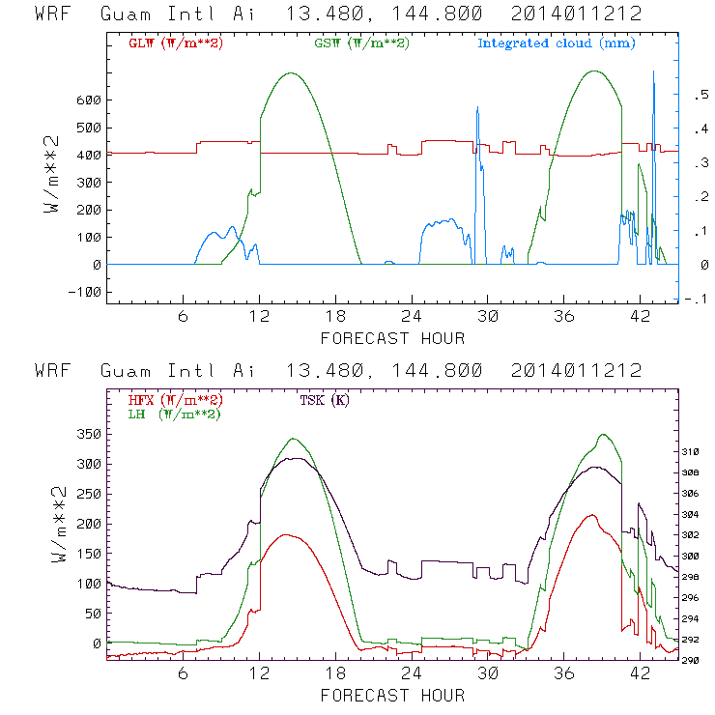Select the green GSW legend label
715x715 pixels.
[x=360, y=43]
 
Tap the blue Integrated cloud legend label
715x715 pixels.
[x=556, y=43]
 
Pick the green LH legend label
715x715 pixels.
[x=174, y=414]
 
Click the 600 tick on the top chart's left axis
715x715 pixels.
[x=88, y=100]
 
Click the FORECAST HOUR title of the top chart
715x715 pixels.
[x=392, y=338]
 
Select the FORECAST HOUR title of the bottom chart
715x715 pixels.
[x=392, y=695]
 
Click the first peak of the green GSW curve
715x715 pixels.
[x=290, y=72]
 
